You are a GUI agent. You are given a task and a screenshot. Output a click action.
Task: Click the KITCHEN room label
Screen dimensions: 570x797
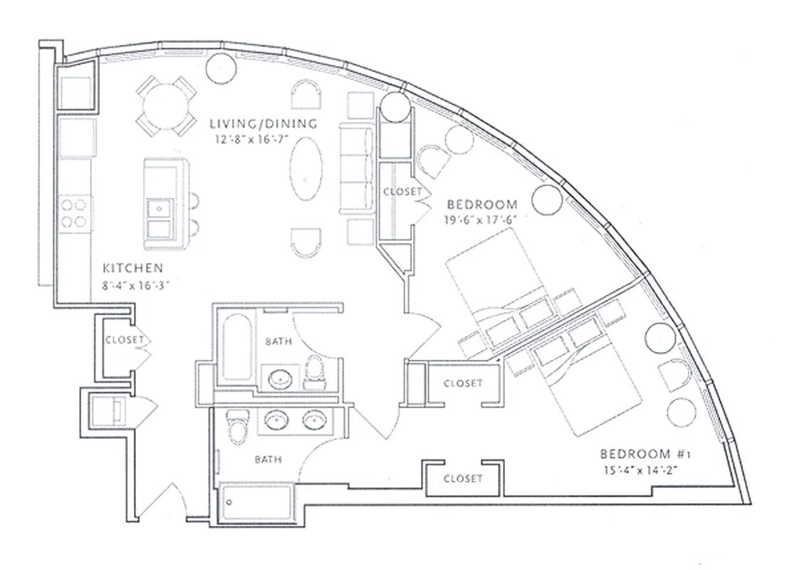[x=133, y=269]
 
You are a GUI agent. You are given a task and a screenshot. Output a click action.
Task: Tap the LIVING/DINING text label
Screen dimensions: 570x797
[x=264, y=124]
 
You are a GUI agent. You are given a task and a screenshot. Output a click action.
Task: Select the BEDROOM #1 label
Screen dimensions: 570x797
[x=635, y=454]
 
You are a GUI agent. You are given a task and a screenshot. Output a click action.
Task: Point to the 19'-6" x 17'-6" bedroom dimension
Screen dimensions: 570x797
[x=479, y=219]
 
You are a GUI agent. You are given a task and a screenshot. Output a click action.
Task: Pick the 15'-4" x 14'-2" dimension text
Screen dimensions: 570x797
[x=639, y=470]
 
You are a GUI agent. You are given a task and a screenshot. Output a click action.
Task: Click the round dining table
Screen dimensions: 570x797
[x=167, y=106]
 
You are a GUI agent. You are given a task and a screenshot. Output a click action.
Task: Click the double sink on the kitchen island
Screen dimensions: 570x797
[x=158, y=218]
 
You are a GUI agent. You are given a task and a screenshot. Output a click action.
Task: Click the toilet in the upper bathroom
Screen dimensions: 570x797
[x=314, y=373]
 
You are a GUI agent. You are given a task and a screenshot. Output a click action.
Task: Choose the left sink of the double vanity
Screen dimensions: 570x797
[x=276, y=421]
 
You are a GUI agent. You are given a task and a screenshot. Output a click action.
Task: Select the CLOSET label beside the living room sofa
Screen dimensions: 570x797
[x=402, y=192]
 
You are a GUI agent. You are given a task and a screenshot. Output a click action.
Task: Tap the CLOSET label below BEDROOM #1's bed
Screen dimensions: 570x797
[x=462, y=479]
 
